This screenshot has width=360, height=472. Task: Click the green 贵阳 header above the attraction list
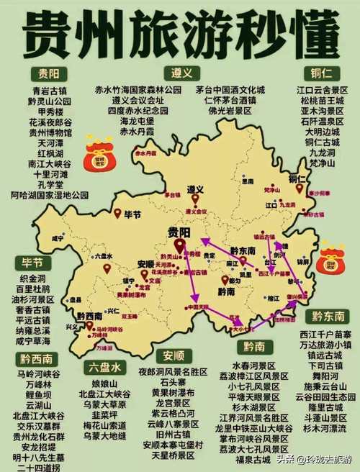pos(49,74)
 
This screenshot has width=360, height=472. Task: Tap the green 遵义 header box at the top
pos(180,73)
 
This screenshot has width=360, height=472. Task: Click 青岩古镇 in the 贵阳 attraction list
pos(50,90)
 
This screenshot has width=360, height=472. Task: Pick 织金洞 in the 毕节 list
pos(35,277)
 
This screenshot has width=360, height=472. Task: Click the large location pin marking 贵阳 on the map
pos(178,246)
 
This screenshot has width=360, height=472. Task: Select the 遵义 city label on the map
pos(195,189)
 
